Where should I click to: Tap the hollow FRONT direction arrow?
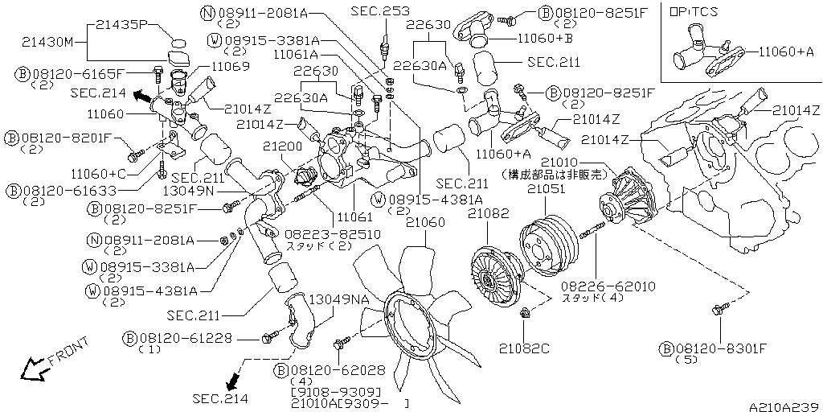(33, 369)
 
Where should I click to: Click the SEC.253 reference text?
(380, 11)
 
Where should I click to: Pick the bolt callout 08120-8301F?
(720, 348)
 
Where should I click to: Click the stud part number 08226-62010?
(597, 286)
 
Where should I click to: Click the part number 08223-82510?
(321, 234)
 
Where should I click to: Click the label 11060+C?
(100, 173)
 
